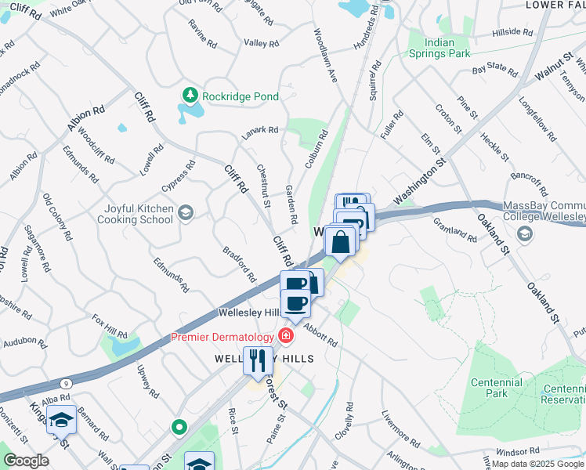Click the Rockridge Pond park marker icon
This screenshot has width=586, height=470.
click(x=190, y=96)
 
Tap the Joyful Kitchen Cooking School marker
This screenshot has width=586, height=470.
click(x=186, y=212)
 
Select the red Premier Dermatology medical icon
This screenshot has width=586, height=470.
click(x=286, y=337)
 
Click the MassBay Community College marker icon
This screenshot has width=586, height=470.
click(x=524, y=233)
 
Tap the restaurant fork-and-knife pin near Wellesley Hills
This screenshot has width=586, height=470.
click(x=256, y=361)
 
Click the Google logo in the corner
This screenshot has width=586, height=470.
click(x=26, y=460)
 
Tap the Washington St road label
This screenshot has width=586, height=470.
click(x=419, y=183)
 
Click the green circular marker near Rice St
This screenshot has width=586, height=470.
click(x=179, y=427)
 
